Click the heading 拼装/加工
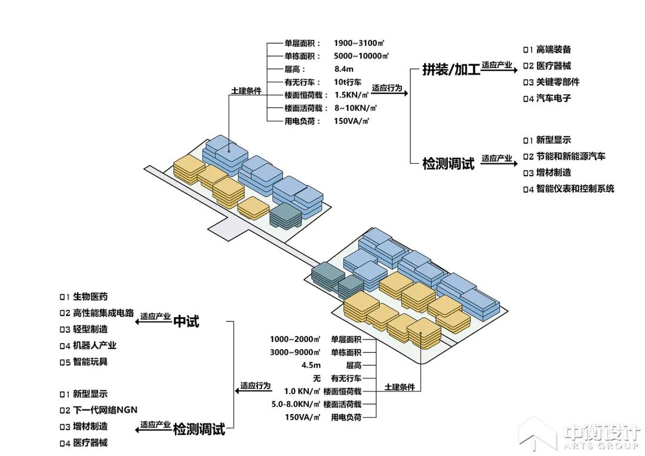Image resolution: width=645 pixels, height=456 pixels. [x=451, y=69]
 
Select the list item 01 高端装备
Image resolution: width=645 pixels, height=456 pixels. [x=547, y=50]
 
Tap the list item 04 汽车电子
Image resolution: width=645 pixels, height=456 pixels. [x=547, y=98]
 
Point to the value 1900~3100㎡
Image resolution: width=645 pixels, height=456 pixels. [x=358, y=43]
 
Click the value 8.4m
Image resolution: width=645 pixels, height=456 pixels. [x=344, y=69]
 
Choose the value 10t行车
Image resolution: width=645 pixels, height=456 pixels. [x=348, y=82]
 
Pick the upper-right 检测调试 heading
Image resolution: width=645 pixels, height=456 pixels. [x=448, y=163]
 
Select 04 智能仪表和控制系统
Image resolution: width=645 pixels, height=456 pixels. [x=568, y=189]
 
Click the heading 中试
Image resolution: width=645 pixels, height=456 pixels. [x=186, y=322]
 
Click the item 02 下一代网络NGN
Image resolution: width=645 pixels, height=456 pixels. [x=99, y=410]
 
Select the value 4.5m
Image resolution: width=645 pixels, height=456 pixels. [x=311, y=365]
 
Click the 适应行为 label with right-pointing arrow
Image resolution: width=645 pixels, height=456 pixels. [x=387, y=88]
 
